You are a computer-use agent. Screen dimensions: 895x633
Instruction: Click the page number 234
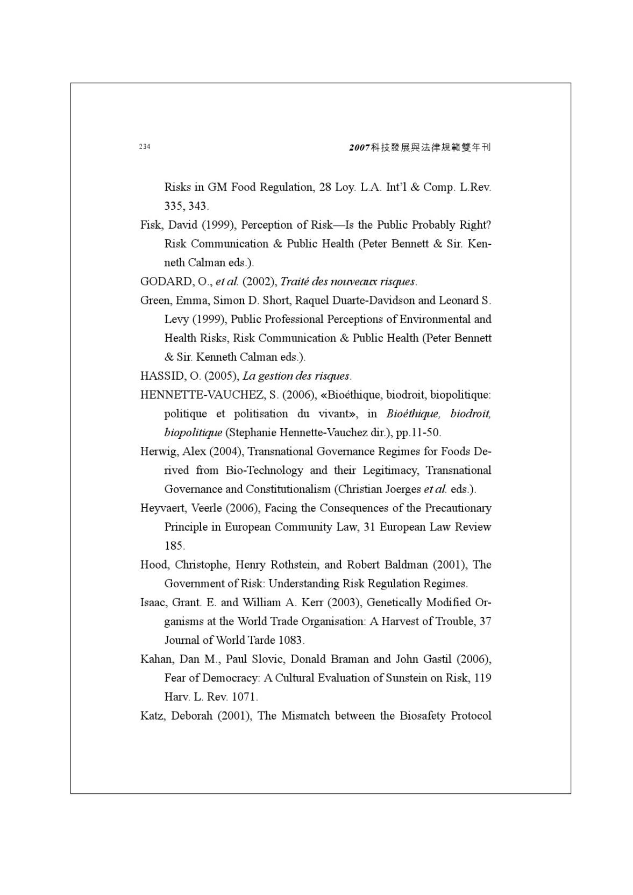(x=145, y=147)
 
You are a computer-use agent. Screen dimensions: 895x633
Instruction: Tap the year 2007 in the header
(x=359, y=147)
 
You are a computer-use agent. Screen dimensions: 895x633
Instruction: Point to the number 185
(x=174, y=545)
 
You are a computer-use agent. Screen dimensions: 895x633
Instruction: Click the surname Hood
(x=154, y=564)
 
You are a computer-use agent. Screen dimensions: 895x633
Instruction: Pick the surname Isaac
(x=155, y=602)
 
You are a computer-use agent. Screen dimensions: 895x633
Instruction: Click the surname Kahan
(x=157, y=659)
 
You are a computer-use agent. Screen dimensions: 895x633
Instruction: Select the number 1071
(x=244, y=697)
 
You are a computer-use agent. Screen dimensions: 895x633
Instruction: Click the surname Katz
(x=152, y=715)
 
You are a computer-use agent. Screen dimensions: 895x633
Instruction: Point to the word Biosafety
(x=422, y=715)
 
